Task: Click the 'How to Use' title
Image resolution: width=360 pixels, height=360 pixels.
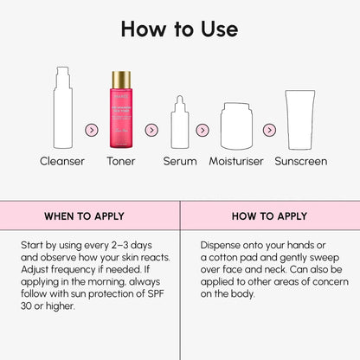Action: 179,29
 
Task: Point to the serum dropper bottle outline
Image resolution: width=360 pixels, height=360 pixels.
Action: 180,124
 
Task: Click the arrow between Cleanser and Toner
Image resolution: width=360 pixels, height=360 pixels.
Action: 91,130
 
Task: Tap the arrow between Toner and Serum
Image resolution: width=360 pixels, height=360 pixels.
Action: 151,130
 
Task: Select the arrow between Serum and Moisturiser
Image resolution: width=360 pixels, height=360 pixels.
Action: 202,130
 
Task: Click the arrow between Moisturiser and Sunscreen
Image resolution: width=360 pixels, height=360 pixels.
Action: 269,130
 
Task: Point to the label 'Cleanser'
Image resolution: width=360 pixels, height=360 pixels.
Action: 61,161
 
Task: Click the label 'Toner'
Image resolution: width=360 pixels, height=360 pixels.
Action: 120,161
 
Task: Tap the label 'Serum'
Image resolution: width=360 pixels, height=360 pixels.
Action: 180,161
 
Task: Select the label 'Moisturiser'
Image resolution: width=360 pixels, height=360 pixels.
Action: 235,161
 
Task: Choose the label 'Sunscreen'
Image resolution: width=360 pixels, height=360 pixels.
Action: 301,161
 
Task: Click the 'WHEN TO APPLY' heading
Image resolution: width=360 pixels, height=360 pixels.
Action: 84,216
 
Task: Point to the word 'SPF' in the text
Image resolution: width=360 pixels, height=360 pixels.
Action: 152,293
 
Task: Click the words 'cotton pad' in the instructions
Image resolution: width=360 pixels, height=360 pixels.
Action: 236,257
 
